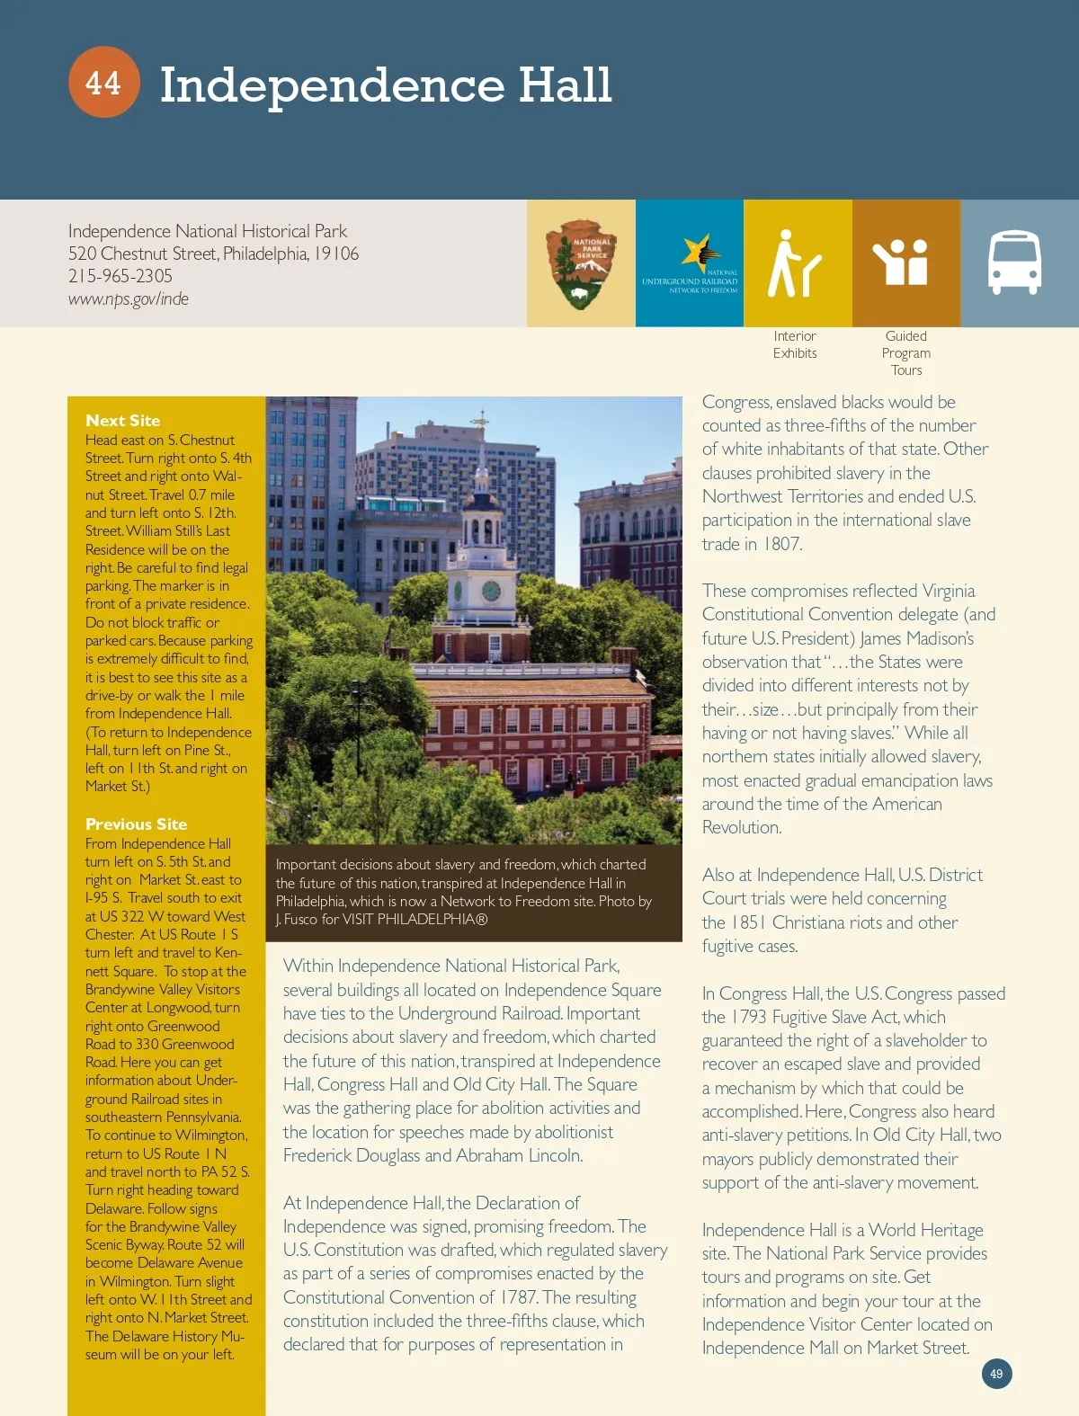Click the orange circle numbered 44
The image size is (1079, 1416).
[x=103, y=83]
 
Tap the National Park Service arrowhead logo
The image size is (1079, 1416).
[x=581, y=264]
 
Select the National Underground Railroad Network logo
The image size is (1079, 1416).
[x=690, y=264]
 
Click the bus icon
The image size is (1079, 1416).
[x=1014, y=263]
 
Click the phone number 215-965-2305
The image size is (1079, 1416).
[x=120, y=276]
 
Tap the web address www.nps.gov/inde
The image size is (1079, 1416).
[x=129, y=298]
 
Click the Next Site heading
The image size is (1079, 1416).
[x=123, y=420]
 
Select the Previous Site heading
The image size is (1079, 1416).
[x=137, y=824]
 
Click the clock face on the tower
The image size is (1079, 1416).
[x=491, y=591]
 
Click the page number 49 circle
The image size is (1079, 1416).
[x=996, y=1374]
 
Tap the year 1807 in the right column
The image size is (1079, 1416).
[x=782, y=544]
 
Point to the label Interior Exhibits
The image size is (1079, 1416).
[x=795, y=344]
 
